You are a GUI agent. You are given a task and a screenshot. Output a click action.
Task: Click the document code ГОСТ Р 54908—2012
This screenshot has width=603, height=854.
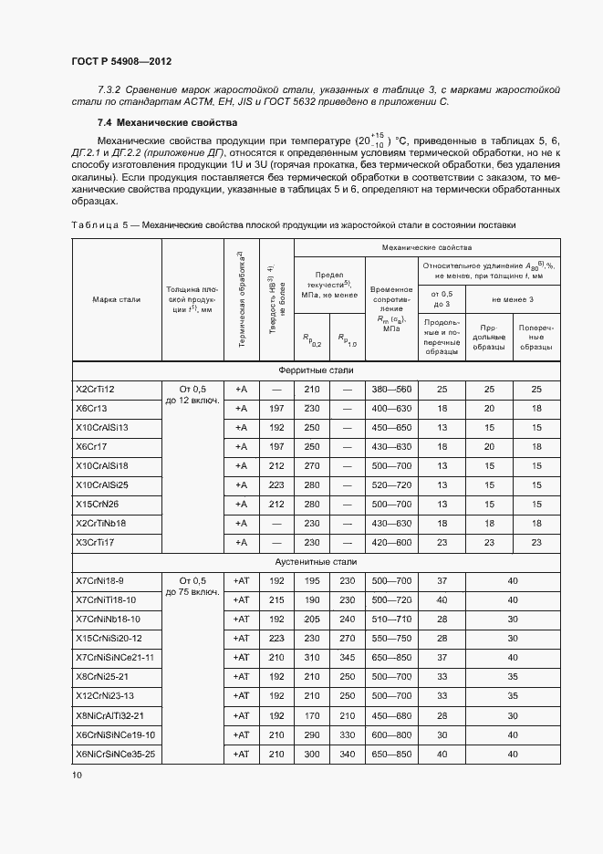(120, 61)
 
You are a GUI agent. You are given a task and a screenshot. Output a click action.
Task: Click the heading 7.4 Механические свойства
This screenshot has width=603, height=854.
(167, 122)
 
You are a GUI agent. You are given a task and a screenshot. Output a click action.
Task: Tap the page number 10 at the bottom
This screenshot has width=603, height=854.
(77, 775)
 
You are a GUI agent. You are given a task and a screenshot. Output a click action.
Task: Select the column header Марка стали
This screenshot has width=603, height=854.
(116, 299)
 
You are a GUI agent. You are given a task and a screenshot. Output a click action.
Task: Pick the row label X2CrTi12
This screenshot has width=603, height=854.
(95, 390)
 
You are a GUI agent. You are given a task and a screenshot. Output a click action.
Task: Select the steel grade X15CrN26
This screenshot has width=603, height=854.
(97, 504)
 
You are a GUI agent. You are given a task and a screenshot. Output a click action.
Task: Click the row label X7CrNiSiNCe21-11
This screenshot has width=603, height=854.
(114, 657)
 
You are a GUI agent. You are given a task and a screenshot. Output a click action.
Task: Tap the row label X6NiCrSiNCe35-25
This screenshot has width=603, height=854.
(115, 754)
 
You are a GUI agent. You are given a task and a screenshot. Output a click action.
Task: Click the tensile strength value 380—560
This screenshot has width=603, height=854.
(391, 390)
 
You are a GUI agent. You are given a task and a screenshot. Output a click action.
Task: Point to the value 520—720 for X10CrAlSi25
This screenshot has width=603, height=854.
(391, 484)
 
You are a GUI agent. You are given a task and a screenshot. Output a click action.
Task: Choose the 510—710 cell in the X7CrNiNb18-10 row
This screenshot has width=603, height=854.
(391, 619)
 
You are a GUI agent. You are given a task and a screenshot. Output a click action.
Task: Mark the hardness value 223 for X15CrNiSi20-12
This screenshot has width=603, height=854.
(277, 638)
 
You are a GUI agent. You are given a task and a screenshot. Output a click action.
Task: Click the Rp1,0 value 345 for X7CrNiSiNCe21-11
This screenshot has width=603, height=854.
(347, 657)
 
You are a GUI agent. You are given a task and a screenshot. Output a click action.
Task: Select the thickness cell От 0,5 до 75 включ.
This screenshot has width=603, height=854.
(192, 586)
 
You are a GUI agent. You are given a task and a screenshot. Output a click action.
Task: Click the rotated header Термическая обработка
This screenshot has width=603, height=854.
(241, 299)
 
